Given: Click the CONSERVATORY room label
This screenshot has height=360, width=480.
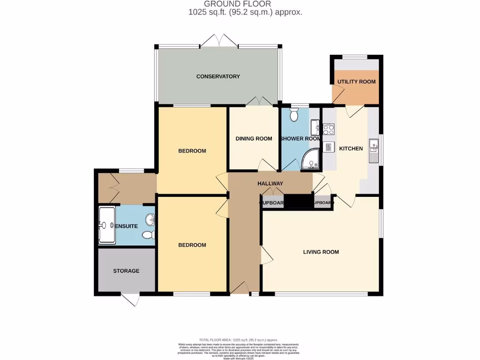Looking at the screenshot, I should click(x=218, y=76).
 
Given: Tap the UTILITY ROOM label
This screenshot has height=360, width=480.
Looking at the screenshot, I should click(x=357, y=82).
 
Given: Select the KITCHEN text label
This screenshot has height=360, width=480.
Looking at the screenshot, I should click(x=351, y=149).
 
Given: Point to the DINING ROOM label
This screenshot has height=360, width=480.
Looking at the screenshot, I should click(x=254, y=139).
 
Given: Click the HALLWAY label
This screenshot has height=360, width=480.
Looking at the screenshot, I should click(x=270, y=184).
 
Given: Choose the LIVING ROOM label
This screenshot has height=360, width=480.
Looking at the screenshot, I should click(x=321, y=252).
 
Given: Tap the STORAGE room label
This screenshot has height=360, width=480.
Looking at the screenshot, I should click(x=126, y=271).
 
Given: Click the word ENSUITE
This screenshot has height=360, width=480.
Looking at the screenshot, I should click(x=126, y=226).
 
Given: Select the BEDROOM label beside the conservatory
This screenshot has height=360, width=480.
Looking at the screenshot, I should click(x=192, y=151).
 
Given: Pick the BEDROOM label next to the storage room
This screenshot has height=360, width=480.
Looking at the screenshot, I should click(x=192, y=245).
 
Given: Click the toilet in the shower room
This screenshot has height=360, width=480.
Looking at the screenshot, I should click(x=294, y=115).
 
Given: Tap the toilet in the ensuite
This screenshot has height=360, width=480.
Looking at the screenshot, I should click(x=148, y=235).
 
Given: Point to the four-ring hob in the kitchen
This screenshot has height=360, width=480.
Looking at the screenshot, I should click(x=329, y=129).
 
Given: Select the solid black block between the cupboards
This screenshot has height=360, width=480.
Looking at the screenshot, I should click(x=298, y=201).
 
